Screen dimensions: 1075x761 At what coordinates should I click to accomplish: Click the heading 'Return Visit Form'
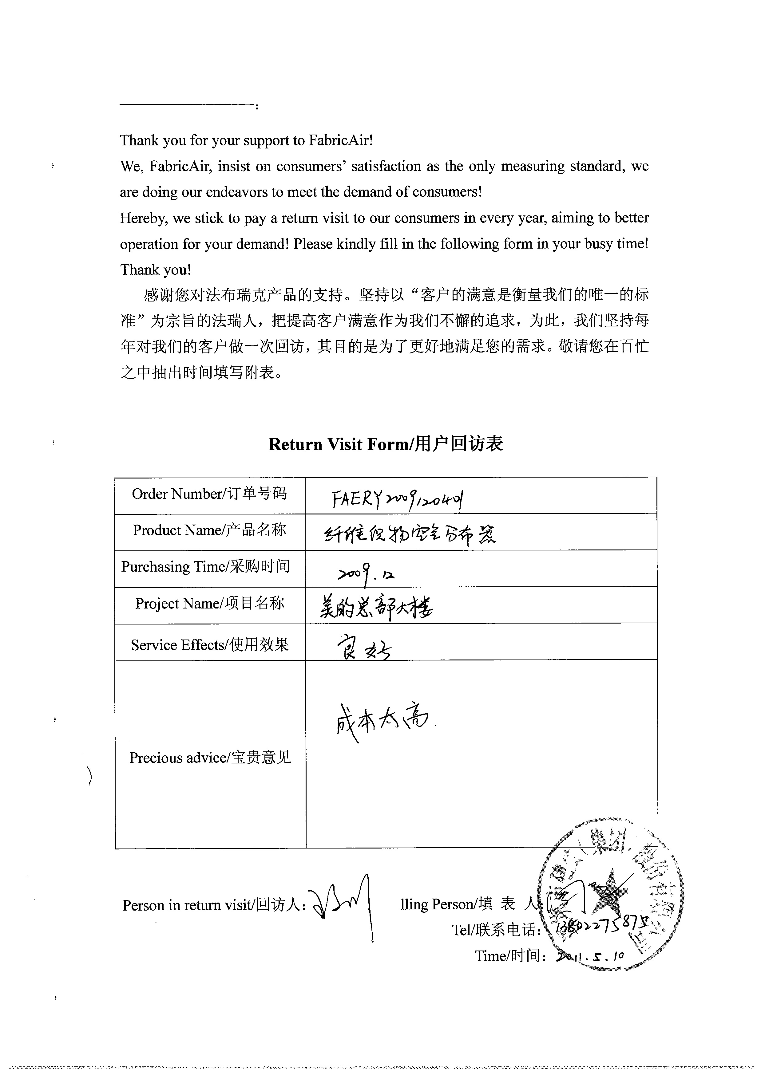tap(385, 444)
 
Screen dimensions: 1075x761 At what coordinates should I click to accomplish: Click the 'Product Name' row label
tap(209, 530)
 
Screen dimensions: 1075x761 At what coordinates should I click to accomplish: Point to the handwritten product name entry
tap(410, 534)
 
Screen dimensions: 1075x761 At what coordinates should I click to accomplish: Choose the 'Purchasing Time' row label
tap(205, 567)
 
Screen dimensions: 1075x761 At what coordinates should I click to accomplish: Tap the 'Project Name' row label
tap(209, 603)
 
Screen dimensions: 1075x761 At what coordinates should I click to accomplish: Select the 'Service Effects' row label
tap(209, 645)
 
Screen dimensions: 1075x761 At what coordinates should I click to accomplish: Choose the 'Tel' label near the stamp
tap(496, 930)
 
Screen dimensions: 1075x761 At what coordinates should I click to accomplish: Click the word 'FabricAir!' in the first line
tap(341, 140)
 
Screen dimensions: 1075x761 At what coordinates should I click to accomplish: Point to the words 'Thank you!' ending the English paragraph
tap(156, 270)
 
